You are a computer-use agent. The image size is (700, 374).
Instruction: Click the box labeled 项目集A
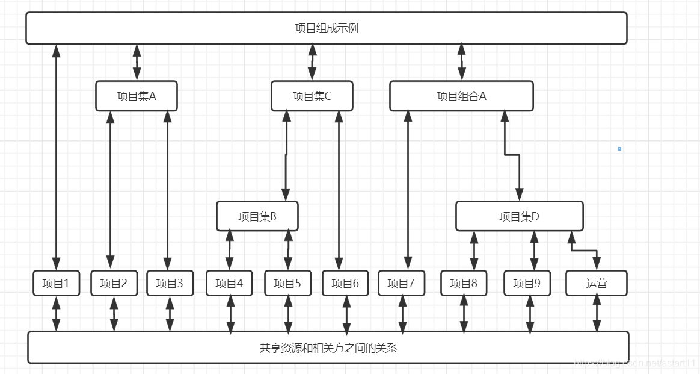coord(137,96)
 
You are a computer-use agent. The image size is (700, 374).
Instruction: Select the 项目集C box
coord(312,96)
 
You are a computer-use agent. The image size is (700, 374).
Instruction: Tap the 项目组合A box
coord(461,96)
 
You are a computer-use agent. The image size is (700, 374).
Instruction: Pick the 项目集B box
coord(257,216)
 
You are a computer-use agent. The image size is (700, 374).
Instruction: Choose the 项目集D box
coord(519,216)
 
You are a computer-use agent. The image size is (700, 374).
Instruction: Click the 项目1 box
coord(56,283)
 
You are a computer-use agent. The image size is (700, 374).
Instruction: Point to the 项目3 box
coord(170,283)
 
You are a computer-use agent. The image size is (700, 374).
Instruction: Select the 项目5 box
coord(287,283)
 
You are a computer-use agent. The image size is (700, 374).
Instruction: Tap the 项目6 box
coord(345,283)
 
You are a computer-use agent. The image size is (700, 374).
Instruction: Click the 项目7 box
coord(401,283)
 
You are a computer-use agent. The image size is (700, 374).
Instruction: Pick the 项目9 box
coord(527,283)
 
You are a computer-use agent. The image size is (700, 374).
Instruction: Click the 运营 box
coord(596,283)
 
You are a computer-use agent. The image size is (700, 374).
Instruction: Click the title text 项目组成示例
coord(327,28)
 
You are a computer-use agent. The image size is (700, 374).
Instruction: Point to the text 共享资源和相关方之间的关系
coord(328,348)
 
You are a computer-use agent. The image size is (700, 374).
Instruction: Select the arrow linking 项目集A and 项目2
coord(111,190)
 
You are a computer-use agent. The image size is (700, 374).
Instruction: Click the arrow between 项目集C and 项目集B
coord(286,155)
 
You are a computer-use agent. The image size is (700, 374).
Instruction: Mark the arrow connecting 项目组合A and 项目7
coord(408,190)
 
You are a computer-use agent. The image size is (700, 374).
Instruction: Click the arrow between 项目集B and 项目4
coord(229,250)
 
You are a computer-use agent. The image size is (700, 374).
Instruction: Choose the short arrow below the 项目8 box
coord(464,313)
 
